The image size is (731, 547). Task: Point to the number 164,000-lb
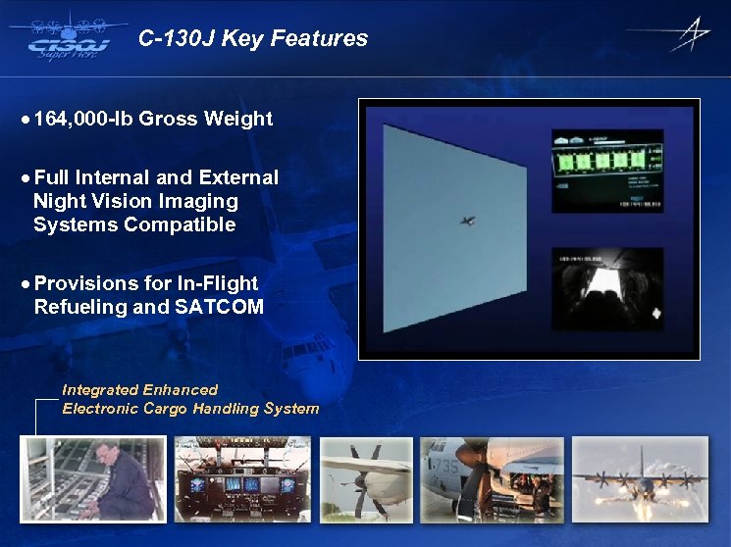coord(82,120)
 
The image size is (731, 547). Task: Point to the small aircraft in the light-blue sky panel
coord(469,222)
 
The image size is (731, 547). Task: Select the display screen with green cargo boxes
coord(607,168)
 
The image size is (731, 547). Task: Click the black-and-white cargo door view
coord(607,289)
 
